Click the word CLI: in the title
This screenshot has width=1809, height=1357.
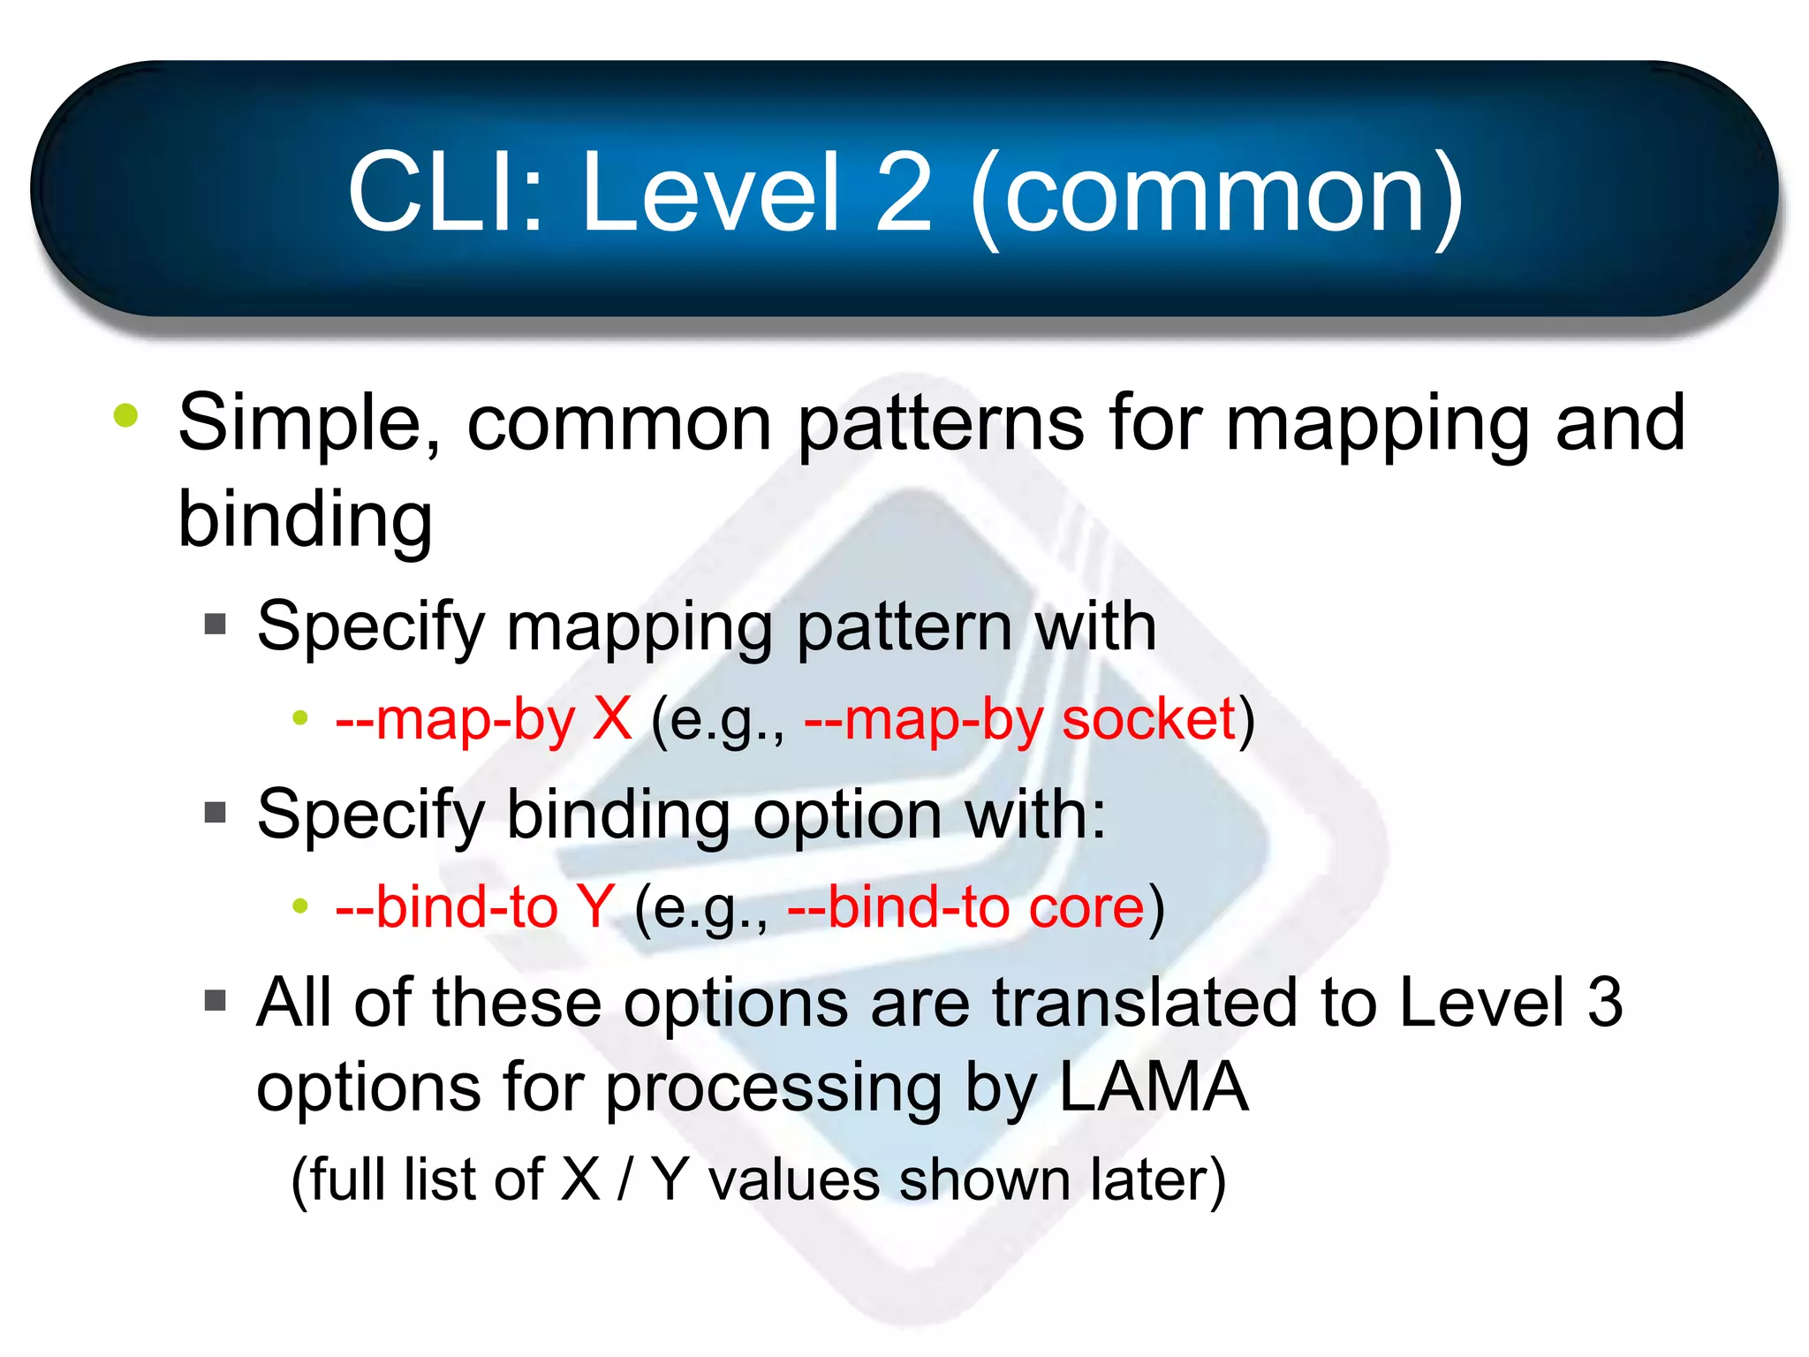point(446,192)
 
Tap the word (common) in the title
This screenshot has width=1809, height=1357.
point(1217,196)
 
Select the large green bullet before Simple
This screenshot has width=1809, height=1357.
point(126,415)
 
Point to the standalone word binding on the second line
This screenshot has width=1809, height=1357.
point(305,521)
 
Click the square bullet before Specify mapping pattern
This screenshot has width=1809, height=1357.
point(216,625)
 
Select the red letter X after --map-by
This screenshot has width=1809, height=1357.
point(612,718)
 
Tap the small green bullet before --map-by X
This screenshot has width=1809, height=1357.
point(300,718)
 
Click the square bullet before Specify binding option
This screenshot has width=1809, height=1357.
point(216,812)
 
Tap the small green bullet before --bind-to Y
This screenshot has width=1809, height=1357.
point(300,906)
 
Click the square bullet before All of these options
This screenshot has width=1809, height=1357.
point(216,1000)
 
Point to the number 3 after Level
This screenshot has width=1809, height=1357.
point(1605,1002)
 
